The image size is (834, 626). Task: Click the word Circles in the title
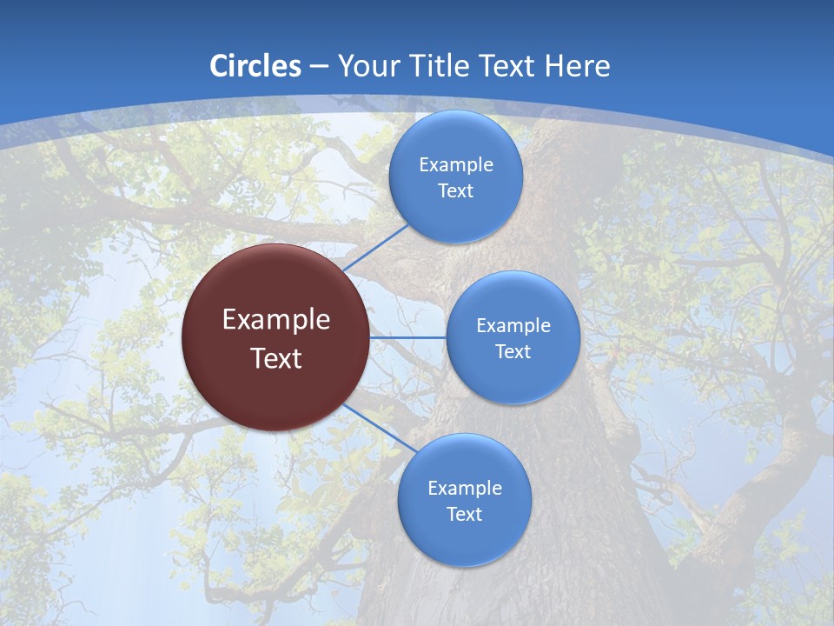coord(255,66)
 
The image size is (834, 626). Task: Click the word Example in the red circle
coord(276,320)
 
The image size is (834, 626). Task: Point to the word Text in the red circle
coord(276,358)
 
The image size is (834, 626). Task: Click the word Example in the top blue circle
coord(456,165)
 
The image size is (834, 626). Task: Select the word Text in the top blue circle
coord(456,191)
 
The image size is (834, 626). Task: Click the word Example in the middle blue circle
coord(513,326)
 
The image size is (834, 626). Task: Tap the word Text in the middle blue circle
coord(513,352)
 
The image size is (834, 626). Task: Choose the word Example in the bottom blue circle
coord(465,489)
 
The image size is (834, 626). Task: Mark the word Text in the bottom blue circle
coord(465,515)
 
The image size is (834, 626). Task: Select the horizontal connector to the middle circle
coord(408,337)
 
